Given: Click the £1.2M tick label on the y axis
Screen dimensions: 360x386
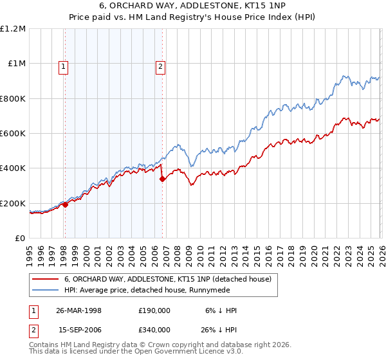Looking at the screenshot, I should click(13, 29).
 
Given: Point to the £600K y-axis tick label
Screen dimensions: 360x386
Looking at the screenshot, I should click(13, 134).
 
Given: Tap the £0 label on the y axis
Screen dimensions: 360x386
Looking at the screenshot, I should click(20, 239).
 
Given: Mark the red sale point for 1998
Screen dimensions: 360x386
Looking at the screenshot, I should click(66, 206).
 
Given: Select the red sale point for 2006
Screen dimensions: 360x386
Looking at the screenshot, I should click(162, 179).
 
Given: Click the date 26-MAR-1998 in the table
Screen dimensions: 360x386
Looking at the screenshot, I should click(78, 310).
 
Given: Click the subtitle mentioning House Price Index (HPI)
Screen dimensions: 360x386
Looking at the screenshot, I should click(192, 19).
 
